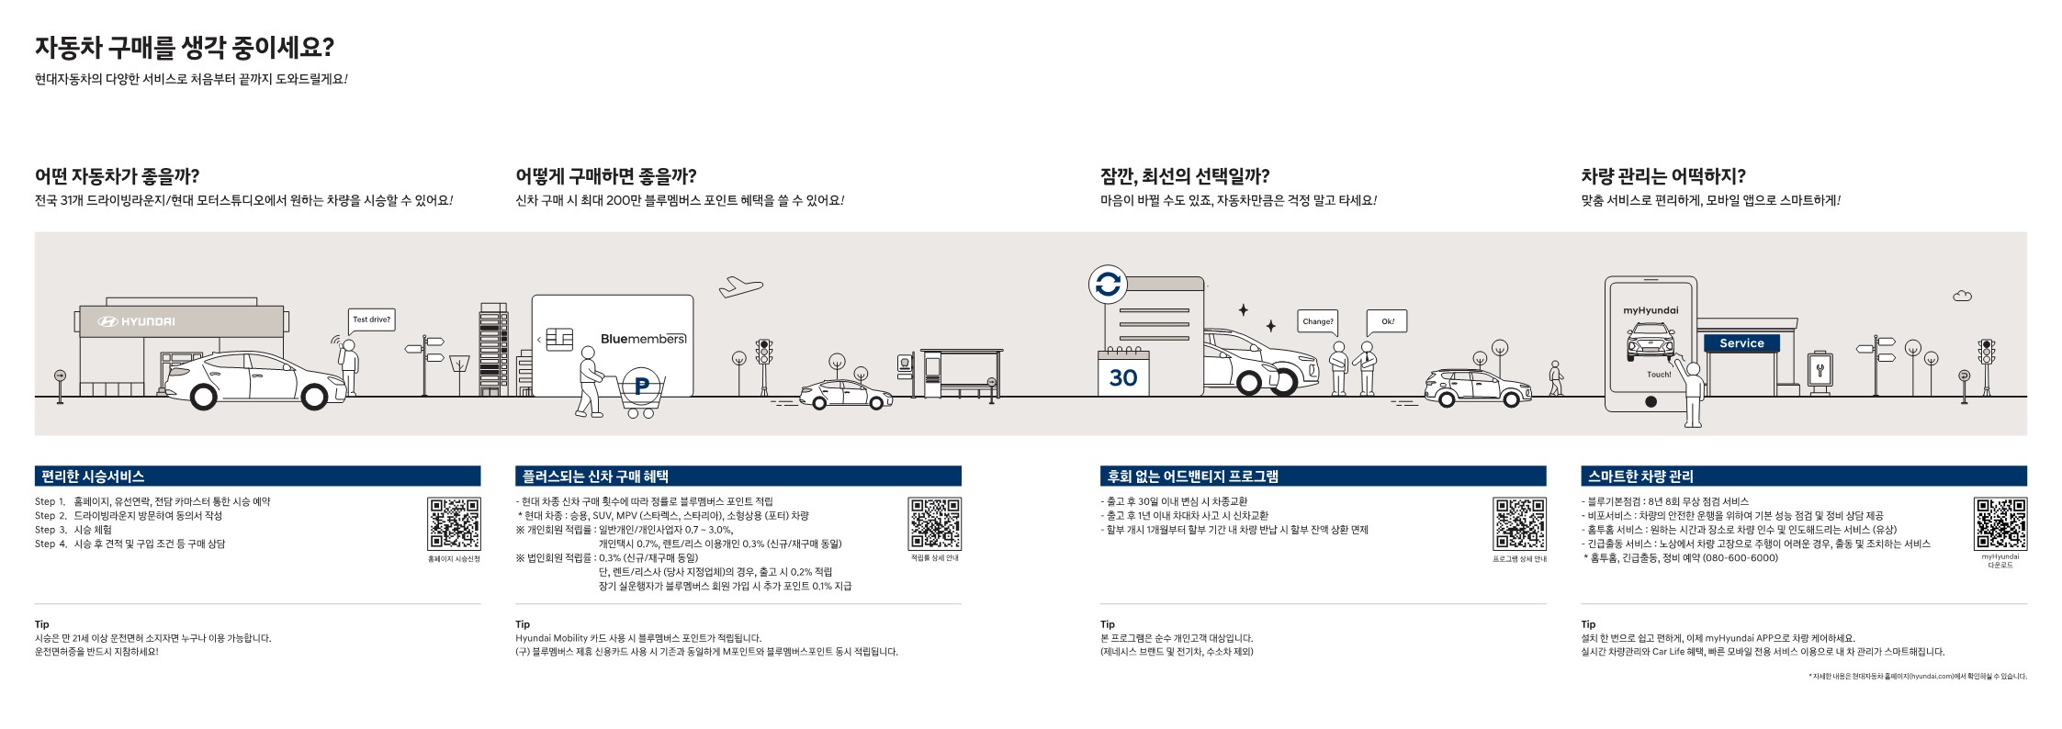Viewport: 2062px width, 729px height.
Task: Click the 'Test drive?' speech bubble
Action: pos(371,320)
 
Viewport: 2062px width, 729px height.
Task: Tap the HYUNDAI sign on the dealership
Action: pos(136,321)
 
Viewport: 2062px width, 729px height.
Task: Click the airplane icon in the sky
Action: pos(740,286)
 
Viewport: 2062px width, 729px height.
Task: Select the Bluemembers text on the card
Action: pos(643,339)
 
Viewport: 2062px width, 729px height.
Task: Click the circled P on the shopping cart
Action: pos(641,387)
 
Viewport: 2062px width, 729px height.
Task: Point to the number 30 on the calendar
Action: pos(1122,377)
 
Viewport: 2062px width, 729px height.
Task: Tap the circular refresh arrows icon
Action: pos(1108,285)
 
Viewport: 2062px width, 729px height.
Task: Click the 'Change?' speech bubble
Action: pos(1317,321)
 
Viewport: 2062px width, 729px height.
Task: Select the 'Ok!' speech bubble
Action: pos(1387,321)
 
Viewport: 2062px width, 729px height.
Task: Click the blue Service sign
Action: pos(1741,343)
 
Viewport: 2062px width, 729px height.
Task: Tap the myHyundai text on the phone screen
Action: pos(1651,310)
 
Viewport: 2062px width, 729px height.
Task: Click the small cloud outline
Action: pos(1962,296)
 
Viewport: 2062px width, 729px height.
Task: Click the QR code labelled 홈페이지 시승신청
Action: pos(454,523)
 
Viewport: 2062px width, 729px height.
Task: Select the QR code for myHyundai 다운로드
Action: pos(2000,523)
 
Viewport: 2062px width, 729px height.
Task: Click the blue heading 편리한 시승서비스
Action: pos(93,477)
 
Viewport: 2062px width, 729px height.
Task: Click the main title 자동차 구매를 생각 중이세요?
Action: pos(184,48)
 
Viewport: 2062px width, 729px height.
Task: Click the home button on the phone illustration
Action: pos(1651,401)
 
